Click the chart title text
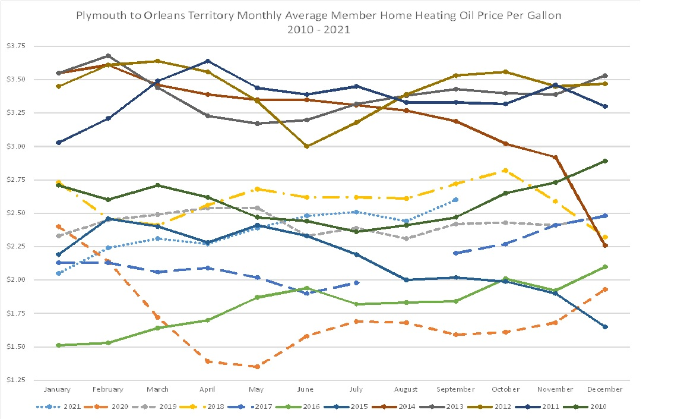click(x=319, y=22)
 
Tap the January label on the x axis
click(x=57, y=389)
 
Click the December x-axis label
click(x=605, y=389)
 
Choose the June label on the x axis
click(x=306, y=389)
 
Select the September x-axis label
click(x=455, y=389)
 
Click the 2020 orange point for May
click(x=257, y=367)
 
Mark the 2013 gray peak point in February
click(x=108, y=56)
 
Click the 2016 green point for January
click(x=58, y=345)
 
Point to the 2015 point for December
click(x=605, y=327)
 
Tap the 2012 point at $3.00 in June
click(x=306, y=146)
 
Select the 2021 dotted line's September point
click(x=455, y=200)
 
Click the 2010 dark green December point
click(x=605, y=161)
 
